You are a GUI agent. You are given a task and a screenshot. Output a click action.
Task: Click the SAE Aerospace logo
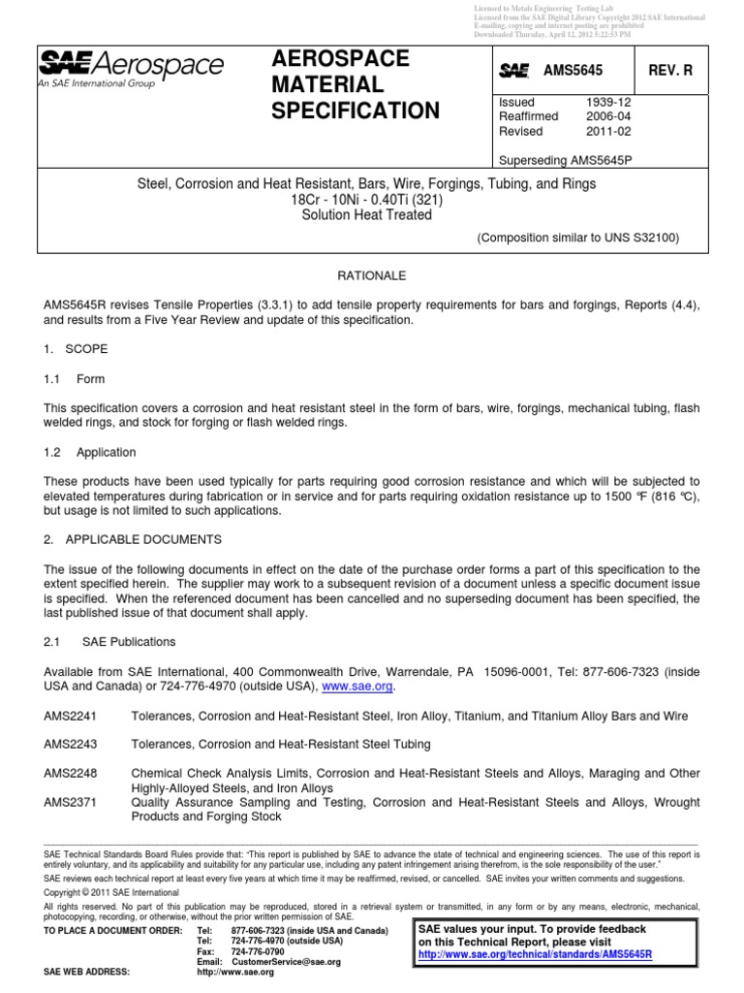point(131,68)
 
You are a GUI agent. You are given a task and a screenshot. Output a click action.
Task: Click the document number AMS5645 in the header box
point(573,71)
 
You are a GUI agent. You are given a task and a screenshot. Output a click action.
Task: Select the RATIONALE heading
point(372,275)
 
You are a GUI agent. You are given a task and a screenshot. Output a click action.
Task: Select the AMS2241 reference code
point(72,716)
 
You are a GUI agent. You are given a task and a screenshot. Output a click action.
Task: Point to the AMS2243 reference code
point(72,744)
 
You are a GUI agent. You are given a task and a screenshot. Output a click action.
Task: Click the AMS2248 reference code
point(72,773)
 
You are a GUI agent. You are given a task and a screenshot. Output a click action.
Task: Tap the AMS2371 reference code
point(72,802)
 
